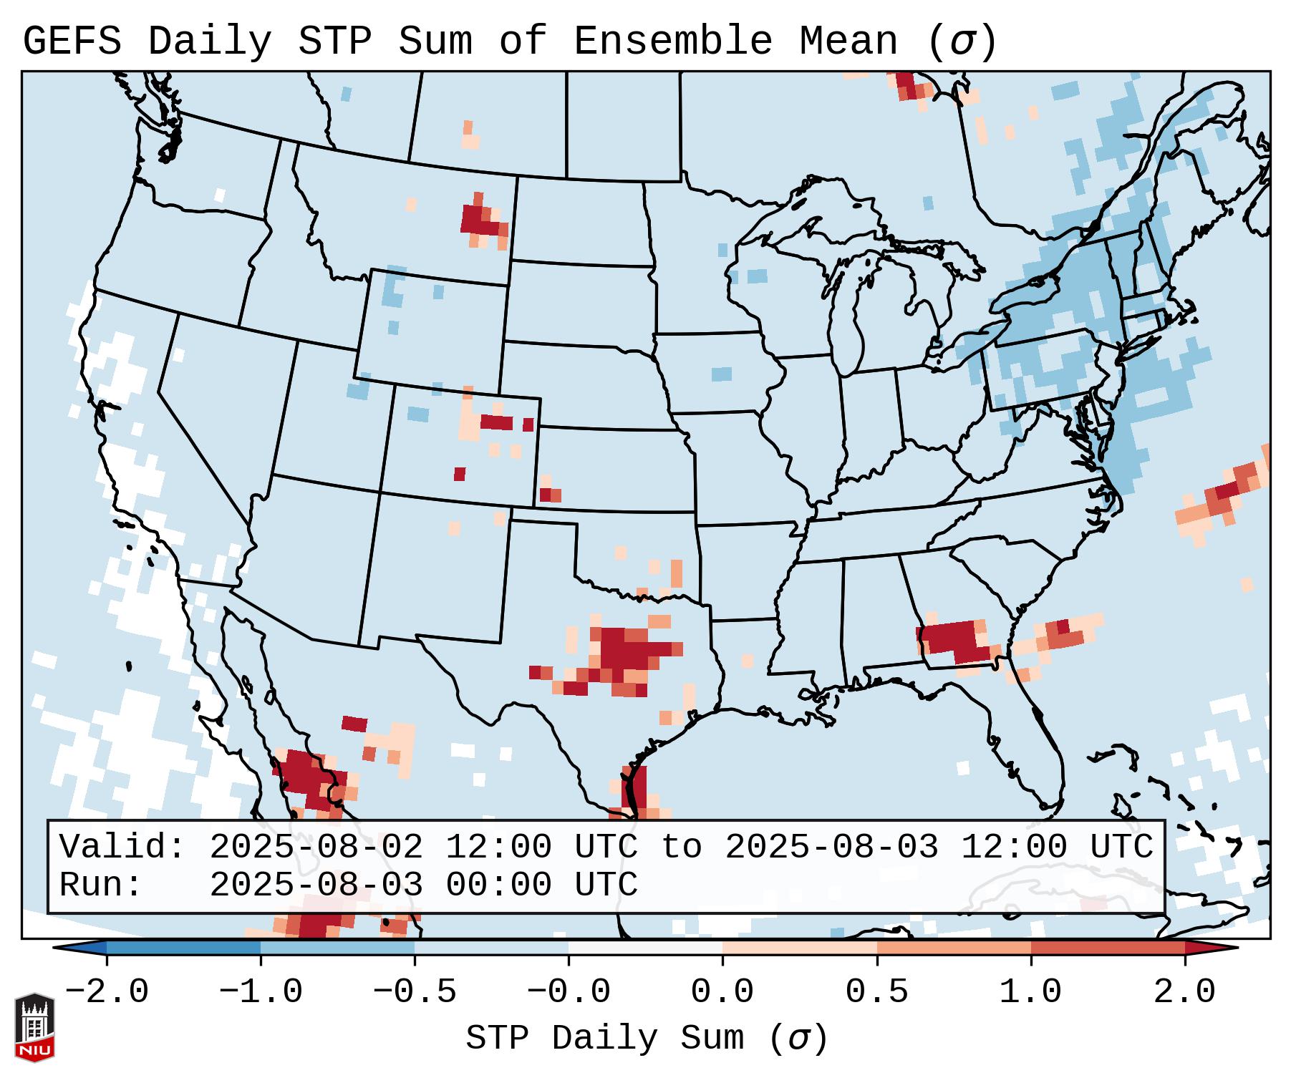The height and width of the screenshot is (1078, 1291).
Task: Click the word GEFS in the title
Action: (x=72, y=42)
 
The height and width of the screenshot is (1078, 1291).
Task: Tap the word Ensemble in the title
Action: (x=672, y=42)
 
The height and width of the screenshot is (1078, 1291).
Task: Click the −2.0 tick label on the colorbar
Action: (x=107, y=992)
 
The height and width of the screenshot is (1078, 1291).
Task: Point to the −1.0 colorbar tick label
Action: (x=261, y=992)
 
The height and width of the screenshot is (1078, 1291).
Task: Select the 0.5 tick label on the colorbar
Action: (x=876, y=992)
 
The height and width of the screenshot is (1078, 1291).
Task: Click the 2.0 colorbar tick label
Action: (x=1184, y=992)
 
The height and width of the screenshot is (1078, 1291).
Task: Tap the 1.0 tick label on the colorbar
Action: (x=1030, y=992)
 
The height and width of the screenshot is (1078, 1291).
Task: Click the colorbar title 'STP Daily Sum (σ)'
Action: (x=646, y=1038)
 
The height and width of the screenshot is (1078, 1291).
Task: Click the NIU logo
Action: (x=34, y=1027)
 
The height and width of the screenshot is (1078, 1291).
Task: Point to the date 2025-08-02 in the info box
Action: (x=316, y=847)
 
